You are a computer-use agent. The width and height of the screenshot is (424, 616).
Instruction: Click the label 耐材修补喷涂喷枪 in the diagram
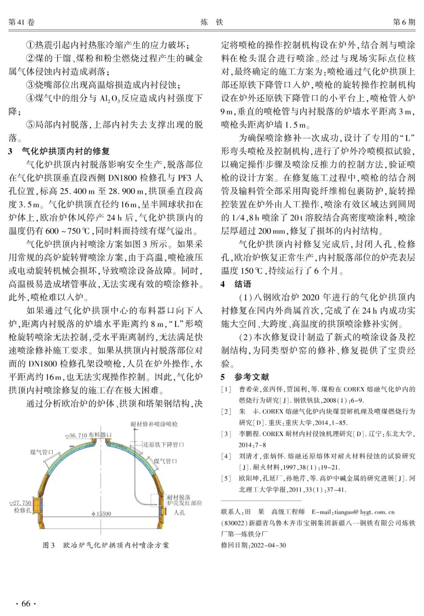tap(154, 424)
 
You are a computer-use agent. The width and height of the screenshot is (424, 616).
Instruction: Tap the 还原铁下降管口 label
tap(163, 444)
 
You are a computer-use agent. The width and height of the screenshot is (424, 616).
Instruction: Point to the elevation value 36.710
tap(79, 435)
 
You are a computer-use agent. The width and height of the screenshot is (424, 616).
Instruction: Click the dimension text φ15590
tap(101, 514)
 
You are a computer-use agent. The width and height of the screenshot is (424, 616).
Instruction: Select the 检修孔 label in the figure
tap(22, 510)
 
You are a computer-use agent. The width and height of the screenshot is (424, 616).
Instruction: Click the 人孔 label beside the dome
tap(179, 512)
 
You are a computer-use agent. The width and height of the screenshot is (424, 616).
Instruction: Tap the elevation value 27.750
tap(22, 503)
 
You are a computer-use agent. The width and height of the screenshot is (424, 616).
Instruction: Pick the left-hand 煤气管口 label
tap(42, 452)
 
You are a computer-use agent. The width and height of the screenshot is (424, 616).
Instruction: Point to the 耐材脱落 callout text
tap(179, 497)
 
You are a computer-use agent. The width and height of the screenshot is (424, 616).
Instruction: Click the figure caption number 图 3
tap(49, 545)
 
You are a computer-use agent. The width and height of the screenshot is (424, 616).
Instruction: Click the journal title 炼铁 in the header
tap(212, 22)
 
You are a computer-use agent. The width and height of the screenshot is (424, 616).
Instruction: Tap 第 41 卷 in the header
tap(22, 22)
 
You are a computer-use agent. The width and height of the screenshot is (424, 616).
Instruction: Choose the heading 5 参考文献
tap(245, 377)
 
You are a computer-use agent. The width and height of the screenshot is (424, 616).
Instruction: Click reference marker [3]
tap(226, 434)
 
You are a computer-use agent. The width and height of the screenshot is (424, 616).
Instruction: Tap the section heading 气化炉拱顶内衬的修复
tap(66, 151)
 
